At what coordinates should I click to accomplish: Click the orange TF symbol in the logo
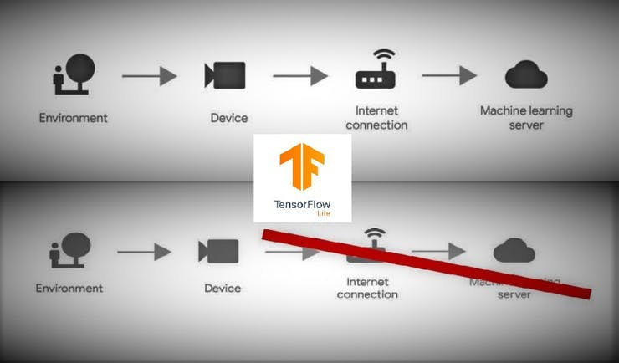click(x=302, y=168)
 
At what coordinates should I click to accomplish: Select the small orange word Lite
click(x=322, y=214)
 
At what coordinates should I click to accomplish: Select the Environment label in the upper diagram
click(x=73, y=118)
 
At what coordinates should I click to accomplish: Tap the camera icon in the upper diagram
click(x=225, y=75)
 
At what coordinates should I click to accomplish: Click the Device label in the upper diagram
click(x=228, y=118)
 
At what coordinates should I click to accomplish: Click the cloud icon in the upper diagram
click(x=525, y=76)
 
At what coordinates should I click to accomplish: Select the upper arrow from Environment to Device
click(x=150, y=76)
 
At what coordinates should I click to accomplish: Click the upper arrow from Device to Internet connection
click(x=300, y=76)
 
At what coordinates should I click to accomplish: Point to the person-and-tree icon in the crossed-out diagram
click(x=70, y=249)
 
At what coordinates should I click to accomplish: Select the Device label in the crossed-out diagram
click(x=223, y=289)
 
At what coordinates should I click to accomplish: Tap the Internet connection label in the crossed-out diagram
click(x=367, y=289)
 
